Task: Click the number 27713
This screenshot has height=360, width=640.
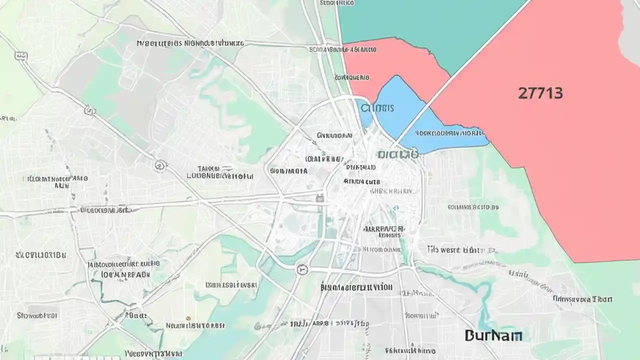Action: pos(540,93)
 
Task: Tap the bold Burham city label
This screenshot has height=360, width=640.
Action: pos(493,335)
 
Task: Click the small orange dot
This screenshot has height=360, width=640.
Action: pos(188,318)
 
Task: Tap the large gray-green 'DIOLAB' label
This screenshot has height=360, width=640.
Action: pos(398,155)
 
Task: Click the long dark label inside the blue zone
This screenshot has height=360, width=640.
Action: pos(443,133)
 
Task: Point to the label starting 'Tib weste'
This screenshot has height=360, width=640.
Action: pos(457,249)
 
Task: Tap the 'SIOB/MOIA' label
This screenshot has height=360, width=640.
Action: pos(288,171)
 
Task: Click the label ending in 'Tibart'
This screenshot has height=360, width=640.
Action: pos(582,299)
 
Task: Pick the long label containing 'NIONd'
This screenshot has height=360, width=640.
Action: pos(190,43)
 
